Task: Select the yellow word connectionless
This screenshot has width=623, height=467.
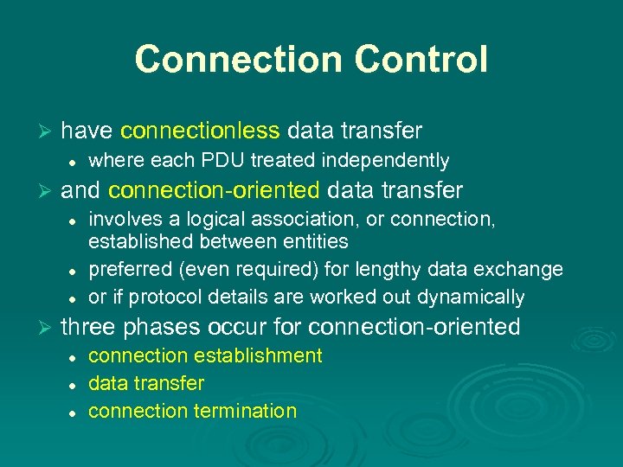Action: pos(200,131)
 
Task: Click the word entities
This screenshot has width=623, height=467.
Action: pos(312,241)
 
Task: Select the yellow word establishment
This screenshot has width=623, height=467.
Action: pos(258,355)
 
